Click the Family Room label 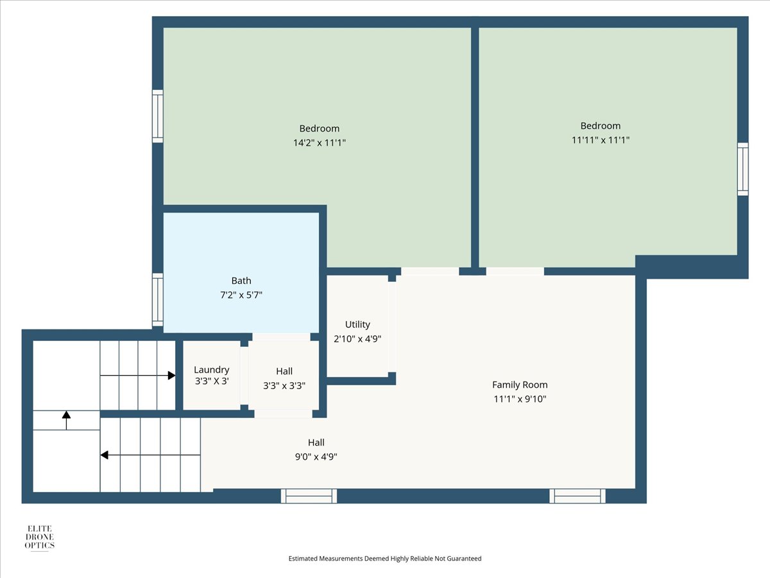click(520, 385)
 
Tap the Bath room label click(241, 281)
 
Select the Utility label click(357, 324)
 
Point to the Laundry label click(212, 370)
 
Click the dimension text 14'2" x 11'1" click(319, 143)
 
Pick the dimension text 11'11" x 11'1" click(600, 140)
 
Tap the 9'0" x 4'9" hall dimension click(316, 457)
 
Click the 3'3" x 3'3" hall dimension click(284, 386)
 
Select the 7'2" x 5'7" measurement click(241, 295)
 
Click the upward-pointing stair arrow click(66, 421)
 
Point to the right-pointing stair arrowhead click(171, 376)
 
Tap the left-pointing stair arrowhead click(104, 455)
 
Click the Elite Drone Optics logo click(39, 538)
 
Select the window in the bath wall click(158, 300)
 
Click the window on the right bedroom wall click(742, 169)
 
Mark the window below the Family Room click(577, 496)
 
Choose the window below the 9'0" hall click(309, 496)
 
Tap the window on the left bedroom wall click(158, 116)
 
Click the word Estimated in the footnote click(303, 558)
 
